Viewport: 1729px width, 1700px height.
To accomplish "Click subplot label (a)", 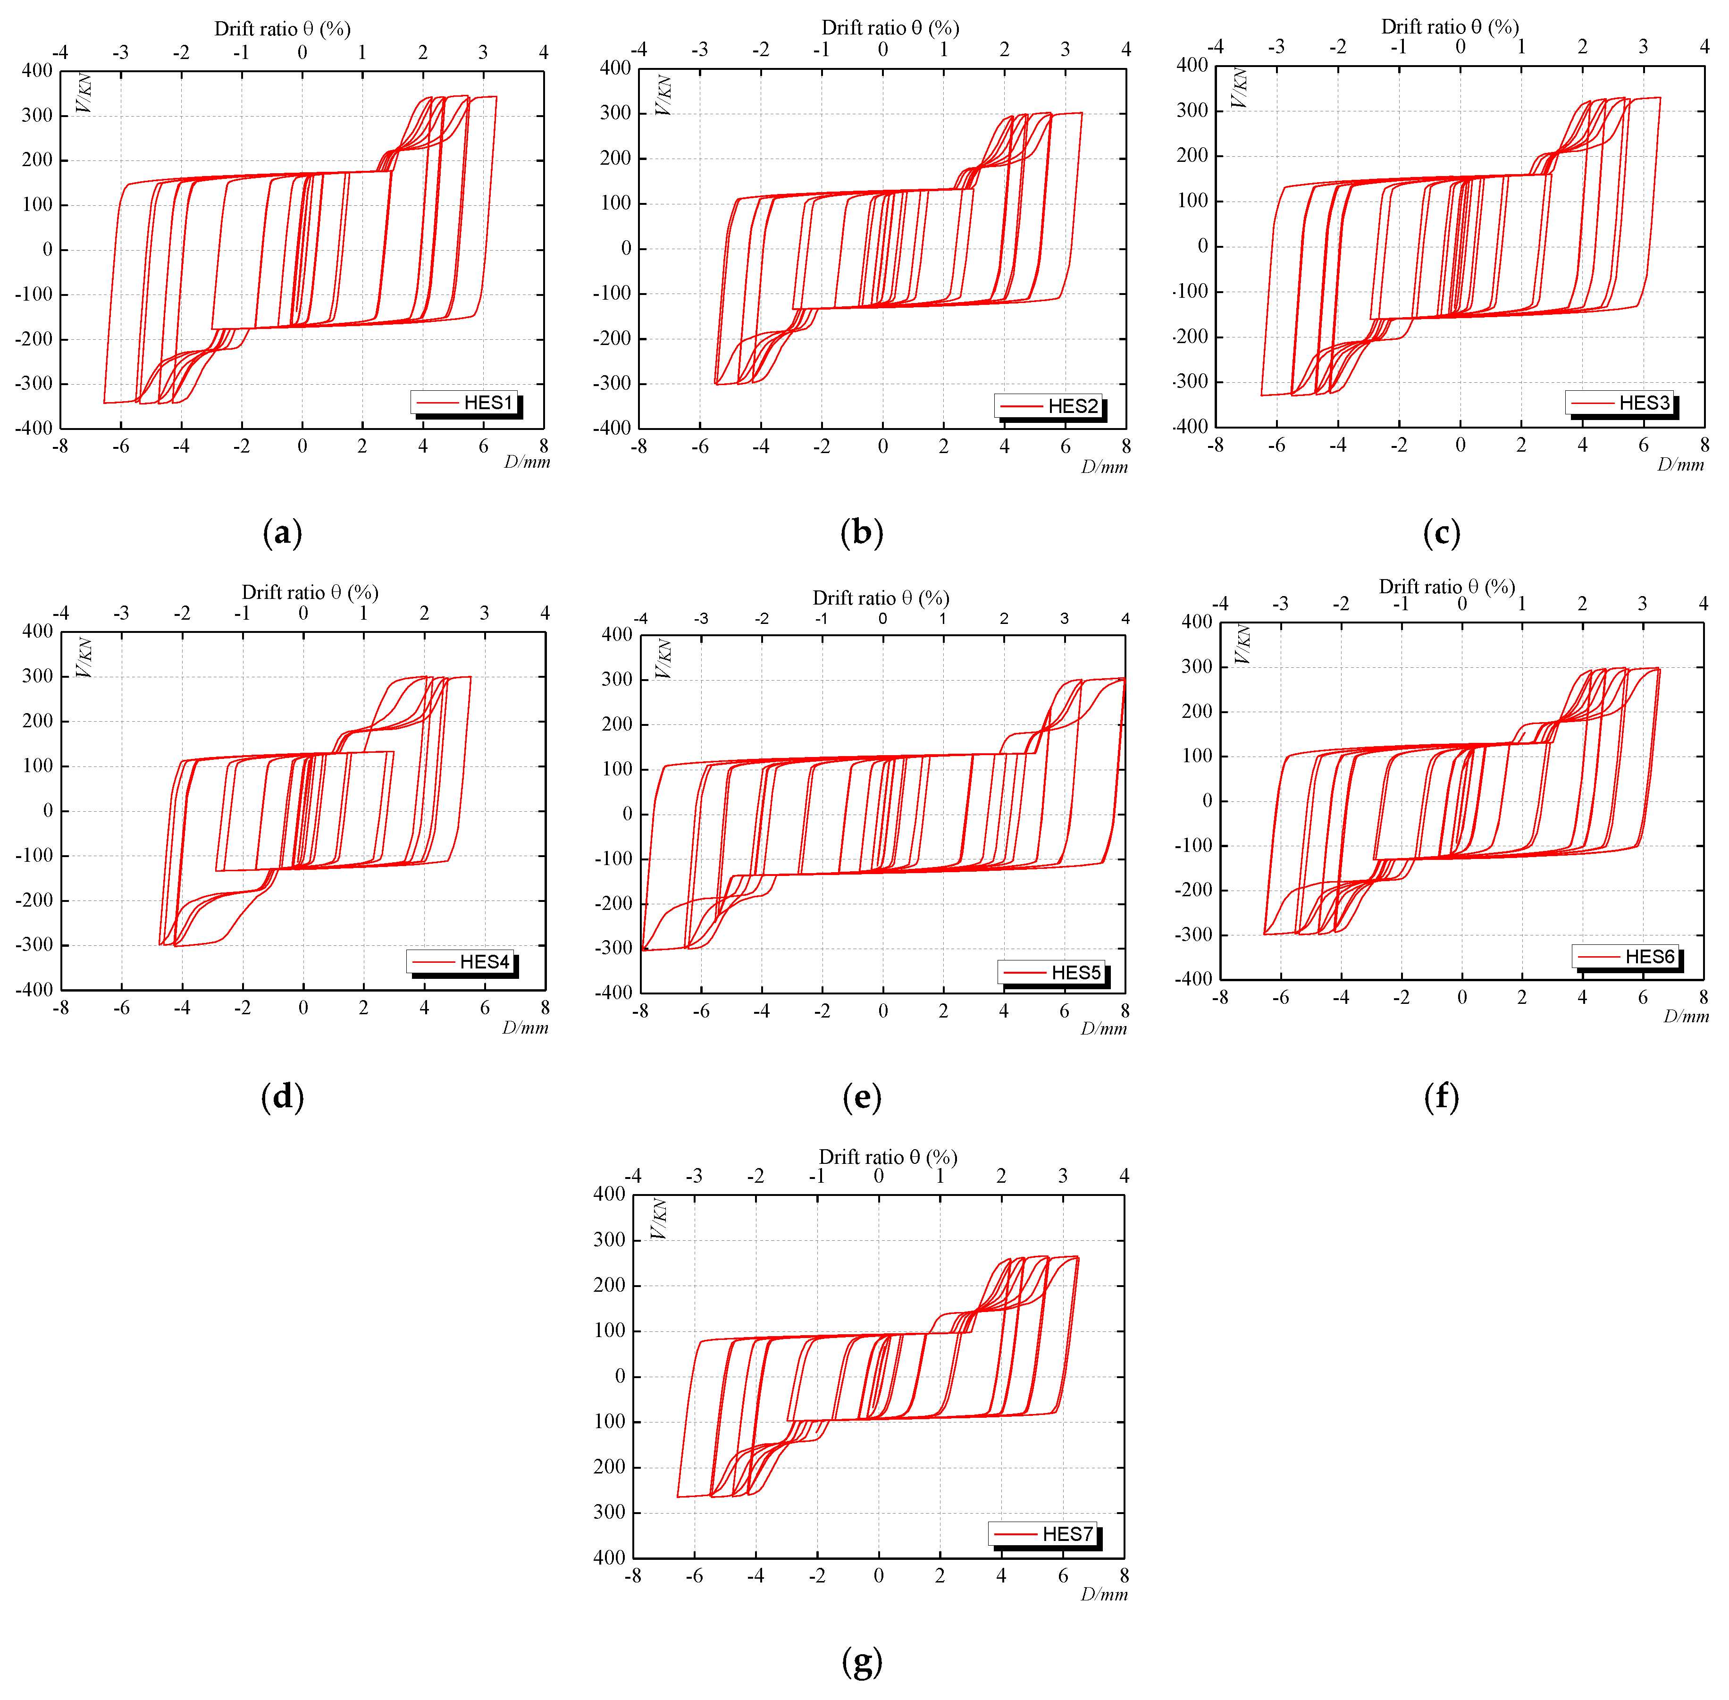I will (x=282, y=533).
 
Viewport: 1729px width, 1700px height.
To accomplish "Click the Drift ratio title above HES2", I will (x=890, y=28).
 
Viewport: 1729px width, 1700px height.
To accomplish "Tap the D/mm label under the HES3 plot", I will (x=1680, y=464).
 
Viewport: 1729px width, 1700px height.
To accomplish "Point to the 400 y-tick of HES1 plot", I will (x=37, y=70).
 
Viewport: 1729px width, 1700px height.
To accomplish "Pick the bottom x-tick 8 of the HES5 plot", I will (x=1125, y=1011).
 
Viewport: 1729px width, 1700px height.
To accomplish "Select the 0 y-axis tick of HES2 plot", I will (x=626, y=248).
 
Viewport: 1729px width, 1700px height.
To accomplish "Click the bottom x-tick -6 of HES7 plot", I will (x=694, y=1576).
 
